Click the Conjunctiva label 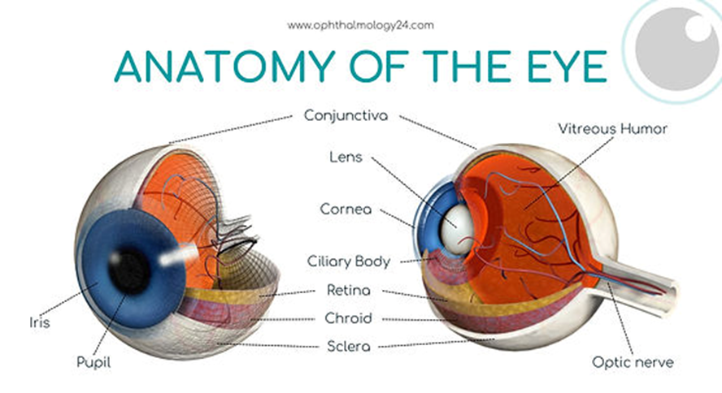point(346,115)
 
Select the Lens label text point(346,157)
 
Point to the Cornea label point(346,209)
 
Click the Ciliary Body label point(349,261)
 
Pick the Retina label point(348,290)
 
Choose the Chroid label point(348,318)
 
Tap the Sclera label point(348,347)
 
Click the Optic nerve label point(633,362)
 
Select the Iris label point(39,323)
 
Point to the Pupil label point(94,362)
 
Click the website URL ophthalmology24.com point(360,25)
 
